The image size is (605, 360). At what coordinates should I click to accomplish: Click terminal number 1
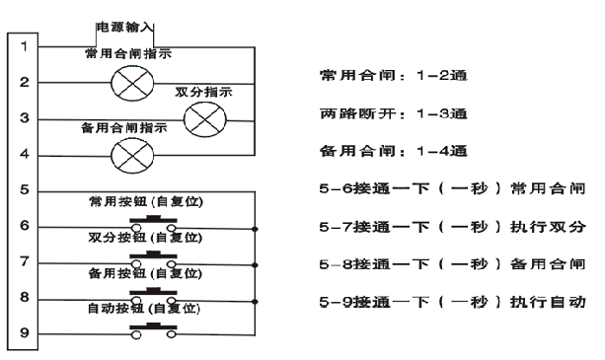tap(23, 46)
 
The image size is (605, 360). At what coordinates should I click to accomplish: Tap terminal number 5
tap(23, 190)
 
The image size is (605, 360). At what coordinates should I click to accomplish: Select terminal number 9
tap(23, 333)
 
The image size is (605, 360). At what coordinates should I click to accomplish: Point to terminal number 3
tap(23, 118)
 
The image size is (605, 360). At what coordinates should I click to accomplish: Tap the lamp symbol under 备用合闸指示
tap(130, 154)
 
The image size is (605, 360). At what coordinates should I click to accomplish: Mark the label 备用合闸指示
tap(123, 127)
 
